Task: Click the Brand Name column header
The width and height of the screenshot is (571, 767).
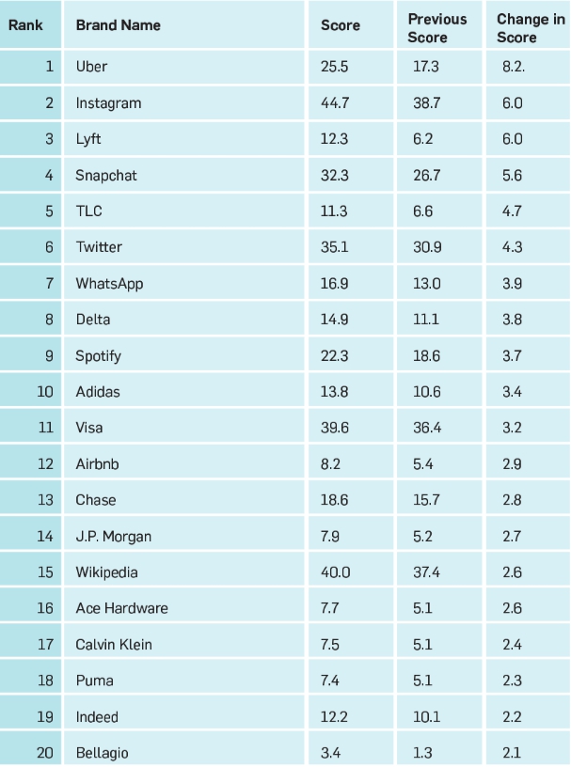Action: click(x=118, y=25)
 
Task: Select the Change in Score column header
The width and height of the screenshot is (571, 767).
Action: click(x=531, y=28)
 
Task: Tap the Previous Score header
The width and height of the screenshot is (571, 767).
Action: click(x=436, y=28)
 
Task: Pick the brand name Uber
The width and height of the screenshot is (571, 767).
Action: click(x=91, y=67)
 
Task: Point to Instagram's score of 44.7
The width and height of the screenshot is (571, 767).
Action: click(x=335, y=103)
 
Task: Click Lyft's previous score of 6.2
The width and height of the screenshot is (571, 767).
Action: click(x=422, y=139)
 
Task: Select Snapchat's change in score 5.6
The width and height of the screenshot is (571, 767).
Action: click(x=512, y=176)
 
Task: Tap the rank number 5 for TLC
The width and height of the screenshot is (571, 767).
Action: click(x=48, y=211)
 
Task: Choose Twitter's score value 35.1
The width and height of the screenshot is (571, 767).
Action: click(x=334, y=247)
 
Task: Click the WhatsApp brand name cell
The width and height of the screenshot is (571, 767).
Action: click(x=109, y=284)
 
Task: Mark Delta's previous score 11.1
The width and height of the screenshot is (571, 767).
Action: click(x=425, y=320)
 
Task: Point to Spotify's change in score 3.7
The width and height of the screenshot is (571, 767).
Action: click(x=512, y=356)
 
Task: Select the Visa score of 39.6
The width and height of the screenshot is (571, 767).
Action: click(x=335, y=428)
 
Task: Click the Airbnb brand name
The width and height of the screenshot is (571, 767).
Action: click(x=97, y=464)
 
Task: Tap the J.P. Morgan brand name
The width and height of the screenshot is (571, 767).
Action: click(x=113, y=537)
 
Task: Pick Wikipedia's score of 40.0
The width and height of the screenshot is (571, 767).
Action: click(x=335, y=572)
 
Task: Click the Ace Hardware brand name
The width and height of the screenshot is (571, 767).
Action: click(x=121, y=608)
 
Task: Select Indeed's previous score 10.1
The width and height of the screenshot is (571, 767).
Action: click(x=426, y=717)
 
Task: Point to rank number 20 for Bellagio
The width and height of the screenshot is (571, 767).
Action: click(x=45, y=753)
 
